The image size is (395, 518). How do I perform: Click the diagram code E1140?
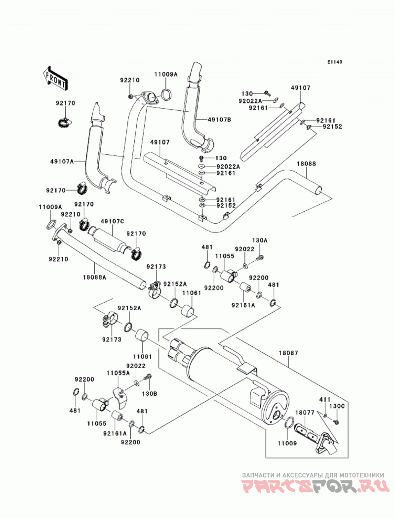click(x=335, y=62)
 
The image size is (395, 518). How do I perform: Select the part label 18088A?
click(x=94, y=278)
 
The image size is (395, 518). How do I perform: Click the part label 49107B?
click(x=219, y=120)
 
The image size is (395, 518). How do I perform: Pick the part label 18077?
click(x=304, y=413)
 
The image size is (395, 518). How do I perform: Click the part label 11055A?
click(x=118, y=373)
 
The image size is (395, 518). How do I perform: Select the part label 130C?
click(x=337, y=406)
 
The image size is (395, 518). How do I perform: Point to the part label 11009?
click(x=287, y=443)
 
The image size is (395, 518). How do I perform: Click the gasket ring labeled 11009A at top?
click(x=167, y=95)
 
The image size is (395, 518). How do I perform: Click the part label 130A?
click(x=260, y=241)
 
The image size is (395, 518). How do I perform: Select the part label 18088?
click(x=306, y=164)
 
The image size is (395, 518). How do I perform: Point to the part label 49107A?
click(x=62, y=161)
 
